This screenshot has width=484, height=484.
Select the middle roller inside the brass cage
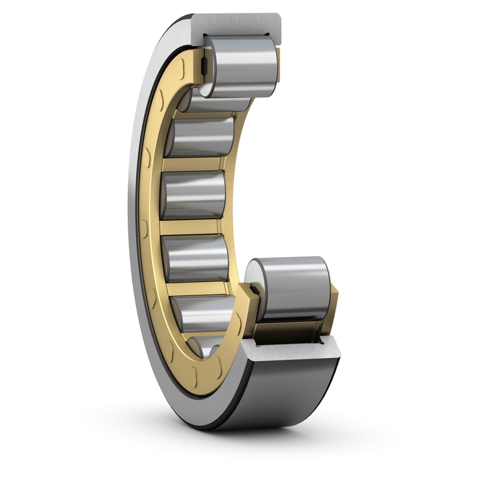pos(194,195)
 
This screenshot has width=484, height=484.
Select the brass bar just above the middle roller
pos(194,164)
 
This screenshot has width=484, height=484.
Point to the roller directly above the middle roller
pos(200,137)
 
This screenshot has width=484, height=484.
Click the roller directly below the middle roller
pos(195,258)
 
